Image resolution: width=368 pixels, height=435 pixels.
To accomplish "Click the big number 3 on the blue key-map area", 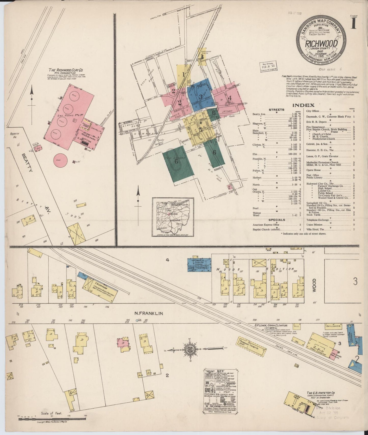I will [201, 97].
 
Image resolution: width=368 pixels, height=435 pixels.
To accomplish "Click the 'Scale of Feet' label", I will [51, 413].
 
